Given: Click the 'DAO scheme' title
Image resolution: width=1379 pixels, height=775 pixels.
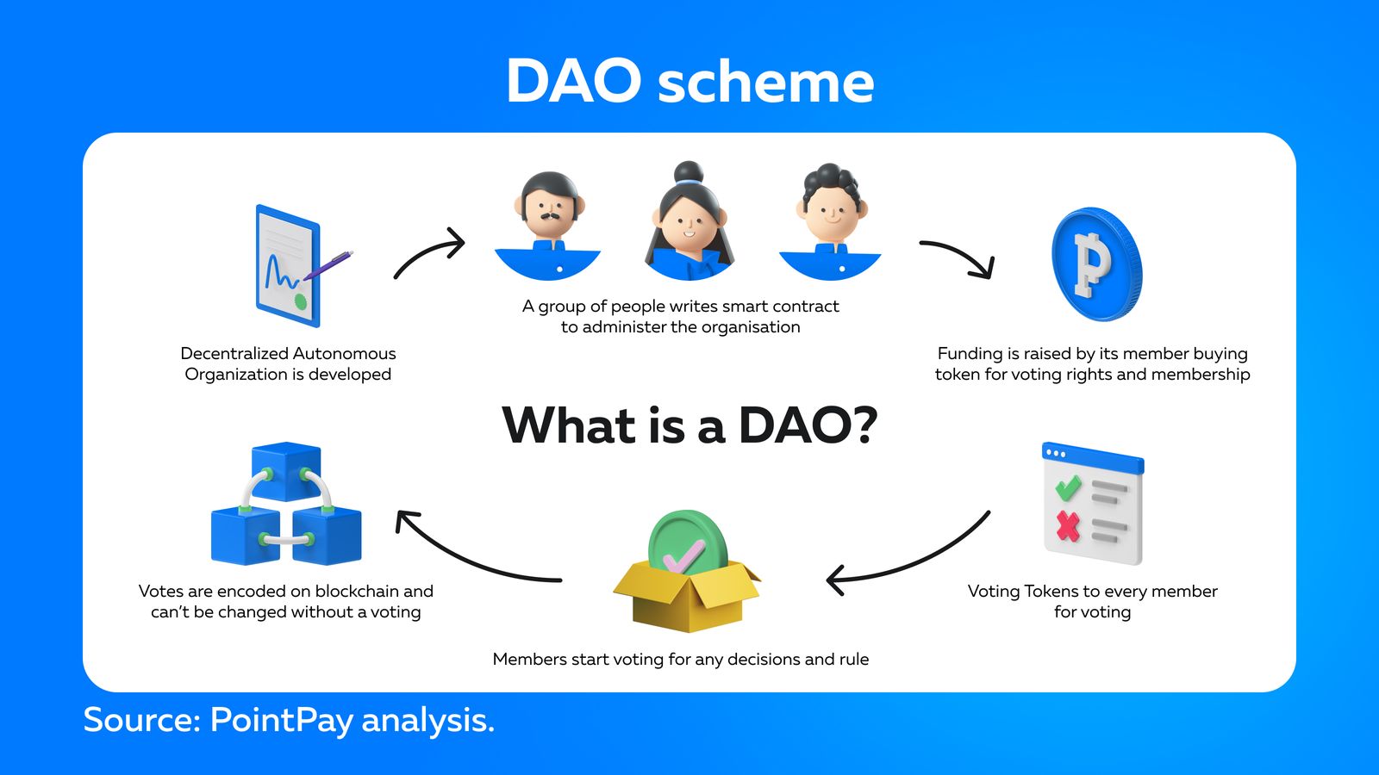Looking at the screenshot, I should [x=689, y=82].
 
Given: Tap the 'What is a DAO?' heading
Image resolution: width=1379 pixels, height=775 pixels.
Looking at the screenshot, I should [x=689, y=425].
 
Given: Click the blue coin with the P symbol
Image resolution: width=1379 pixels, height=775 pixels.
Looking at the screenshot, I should [x=1095, y=264].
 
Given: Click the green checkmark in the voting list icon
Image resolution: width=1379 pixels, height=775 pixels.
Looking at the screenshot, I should [x=1068, y=488].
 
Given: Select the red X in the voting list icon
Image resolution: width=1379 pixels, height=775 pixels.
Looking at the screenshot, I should [x=1068, y=524].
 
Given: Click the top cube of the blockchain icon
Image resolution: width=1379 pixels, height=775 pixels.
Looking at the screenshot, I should [x=286, y=470].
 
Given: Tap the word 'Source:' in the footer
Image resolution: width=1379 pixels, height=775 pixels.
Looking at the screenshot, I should [x=140, y=719].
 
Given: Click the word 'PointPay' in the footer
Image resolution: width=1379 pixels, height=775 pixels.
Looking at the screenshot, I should [x=281, y=720].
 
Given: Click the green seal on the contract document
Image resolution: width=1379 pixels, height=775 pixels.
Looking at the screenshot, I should [x=300, y=301].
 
